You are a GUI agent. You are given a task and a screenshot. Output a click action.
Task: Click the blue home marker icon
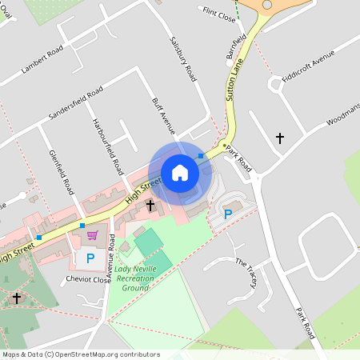click(x=180, y=173)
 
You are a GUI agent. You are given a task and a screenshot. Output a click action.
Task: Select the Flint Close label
click(x=219, y=14)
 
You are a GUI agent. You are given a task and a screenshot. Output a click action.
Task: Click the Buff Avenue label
click(x=163, y=117)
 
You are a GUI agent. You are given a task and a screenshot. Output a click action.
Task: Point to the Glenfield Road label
click(x=62, y=172)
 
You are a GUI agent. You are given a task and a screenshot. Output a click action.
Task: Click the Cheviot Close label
click(x=88, y=280)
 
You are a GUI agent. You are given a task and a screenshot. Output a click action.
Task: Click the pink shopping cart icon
click(x=92, y=235)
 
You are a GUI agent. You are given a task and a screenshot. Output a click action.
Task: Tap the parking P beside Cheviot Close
click(x=90, y=258)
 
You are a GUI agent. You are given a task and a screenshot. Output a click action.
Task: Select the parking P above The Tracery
click(x=228, y=214)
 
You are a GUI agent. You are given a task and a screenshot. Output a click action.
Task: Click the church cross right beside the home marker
click(x=150, y=206)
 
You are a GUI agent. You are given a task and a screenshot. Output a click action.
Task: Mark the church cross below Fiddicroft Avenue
click(x=279, y=138)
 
